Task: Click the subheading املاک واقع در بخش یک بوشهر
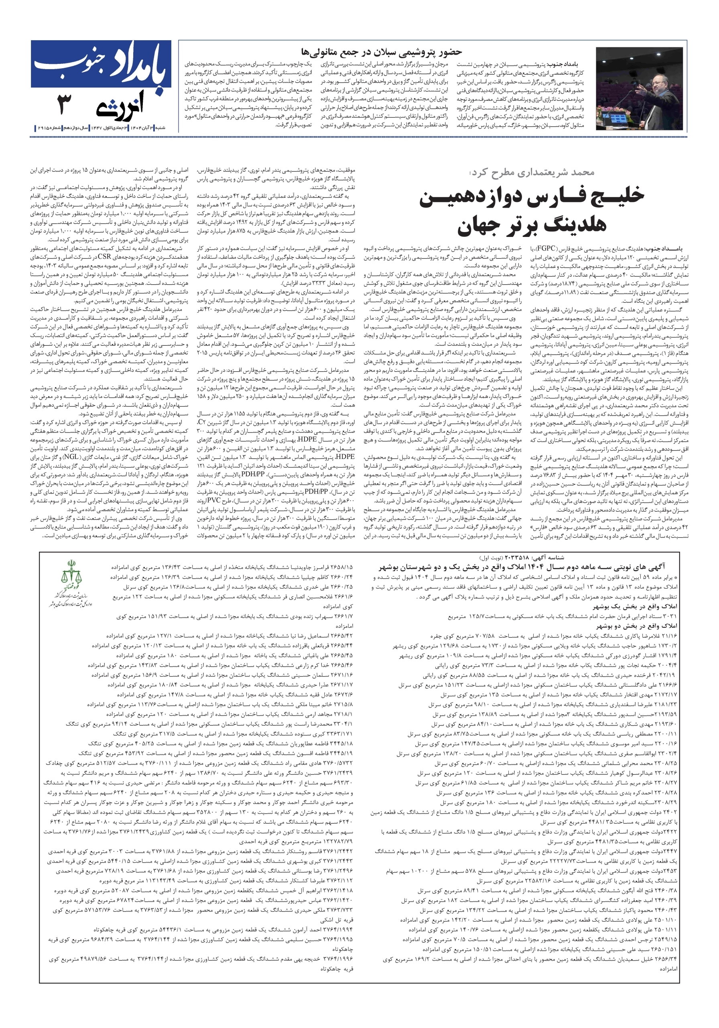pyautogui.click(x=635, y=607)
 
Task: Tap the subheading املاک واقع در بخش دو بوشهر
pyautogui.click(x=635, y=626)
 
